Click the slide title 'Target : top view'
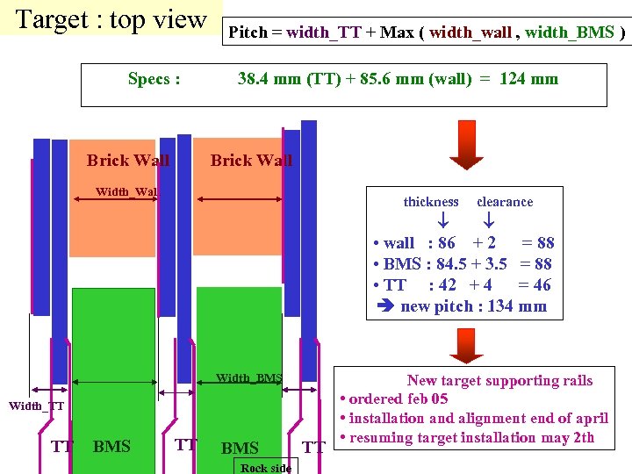111,19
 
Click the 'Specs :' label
154,79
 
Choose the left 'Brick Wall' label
128,160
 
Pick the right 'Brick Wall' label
251,160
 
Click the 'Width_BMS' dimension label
249,378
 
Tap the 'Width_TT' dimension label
36,406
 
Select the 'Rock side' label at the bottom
266,468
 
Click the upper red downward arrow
466,146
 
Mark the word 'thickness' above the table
431,202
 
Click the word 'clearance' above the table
505,202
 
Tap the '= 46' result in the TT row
535,285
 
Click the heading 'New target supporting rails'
499,381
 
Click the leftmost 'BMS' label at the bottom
111,447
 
